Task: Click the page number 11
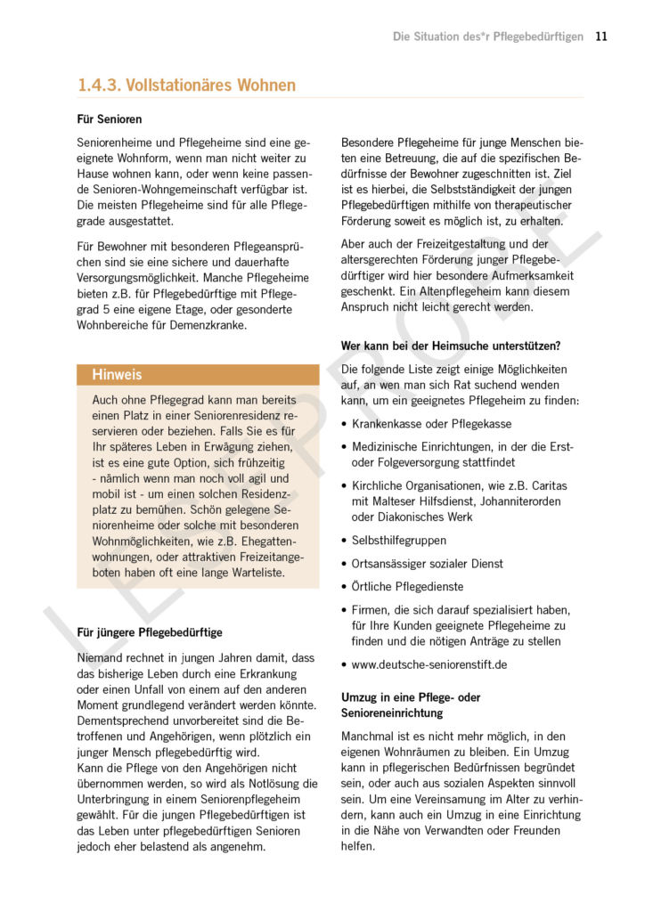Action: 601,37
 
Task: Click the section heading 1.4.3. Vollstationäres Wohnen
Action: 186,85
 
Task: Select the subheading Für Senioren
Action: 110,119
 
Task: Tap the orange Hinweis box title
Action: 117,375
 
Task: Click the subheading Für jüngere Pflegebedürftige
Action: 150,632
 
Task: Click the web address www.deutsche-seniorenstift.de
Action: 429,664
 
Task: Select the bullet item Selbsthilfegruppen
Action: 399,540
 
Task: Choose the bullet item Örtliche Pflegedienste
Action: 407,587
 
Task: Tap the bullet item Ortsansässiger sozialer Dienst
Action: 427,564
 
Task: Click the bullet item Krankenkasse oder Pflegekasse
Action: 431,424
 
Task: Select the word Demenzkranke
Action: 206,325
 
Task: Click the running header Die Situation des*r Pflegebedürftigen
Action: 488,37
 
